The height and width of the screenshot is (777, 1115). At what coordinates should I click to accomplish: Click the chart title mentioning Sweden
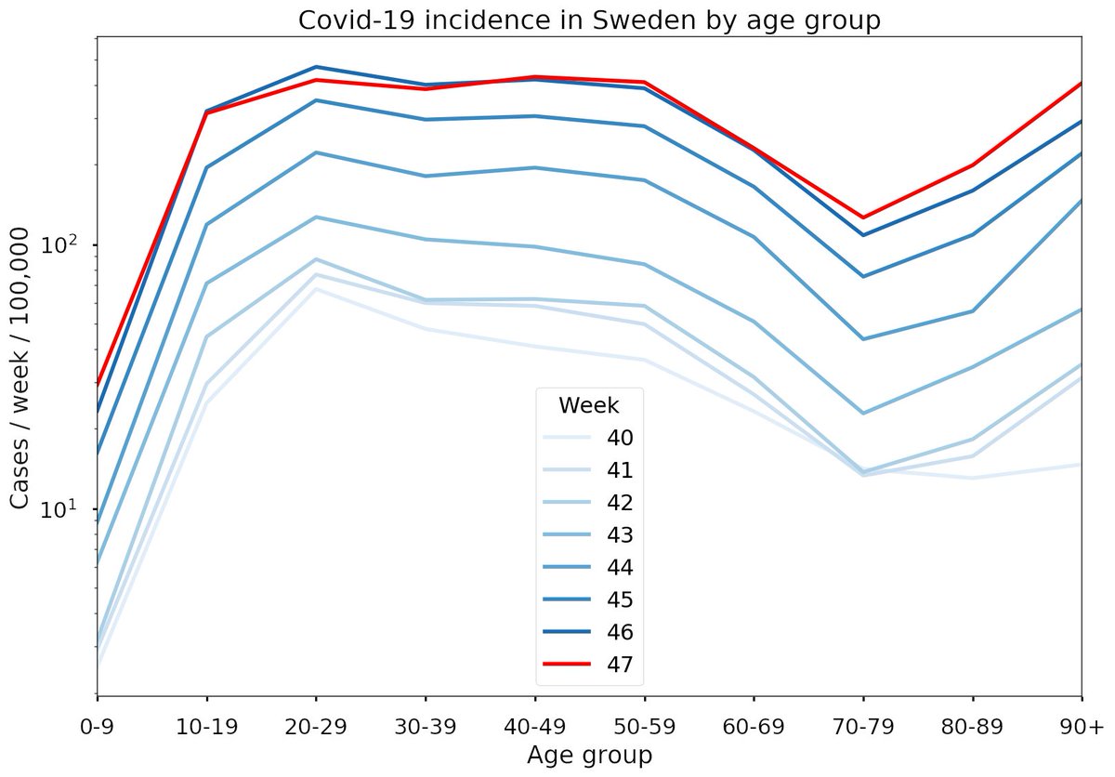click(x=589, y=20)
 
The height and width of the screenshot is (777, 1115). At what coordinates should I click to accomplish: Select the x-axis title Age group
click(x=589, y=755)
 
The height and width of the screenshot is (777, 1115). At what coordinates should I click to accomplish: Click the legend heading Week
click(x=589, y=405)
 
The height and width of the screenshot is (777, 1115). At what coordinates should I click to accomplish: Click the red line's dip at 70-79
click(x=863, y=217)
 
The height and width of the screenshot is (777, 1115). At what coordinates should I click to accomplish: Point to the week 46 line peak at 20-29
click(x=316, y=67)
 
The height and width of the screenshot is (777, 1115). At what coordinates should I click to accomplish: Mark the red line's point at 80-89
click(x=973, y=165)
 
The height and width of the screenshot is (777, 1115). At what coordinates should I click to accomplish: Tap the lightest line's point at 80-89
click(x=973, y=478)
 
